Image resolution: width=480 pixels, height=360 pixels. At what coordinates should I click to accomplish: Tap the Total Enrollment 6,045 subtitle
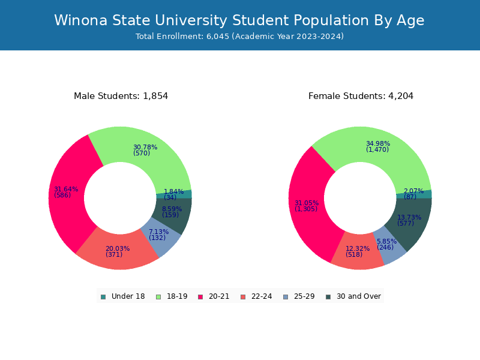click(239, 37)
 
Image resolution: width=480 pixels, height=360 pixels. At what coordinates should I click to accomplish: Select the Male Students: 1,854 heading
click(121, 96)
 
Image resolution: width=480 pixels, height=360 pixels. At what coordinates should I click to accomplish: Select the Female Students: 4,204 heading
click(361, 96)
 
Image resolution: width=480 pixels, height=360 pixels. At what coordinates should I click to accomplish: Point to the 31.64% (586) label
click(66, 192)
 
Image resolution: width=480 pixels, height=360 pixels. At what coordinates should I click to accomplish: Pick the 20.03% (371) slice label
click(118, 251)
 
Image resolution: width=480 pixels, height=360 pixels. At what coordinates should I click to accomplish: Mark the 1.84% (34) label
click(173, 194)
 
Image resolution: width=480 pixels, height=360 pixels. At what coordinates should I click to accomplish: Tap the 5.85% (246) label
click(386, 244)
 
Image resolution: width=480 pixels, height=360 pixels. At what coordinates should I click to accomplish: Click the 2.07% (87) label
click(413, 194)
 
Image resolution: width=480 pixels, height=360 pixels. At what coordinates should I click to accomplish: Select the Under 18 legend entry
click(123, 296)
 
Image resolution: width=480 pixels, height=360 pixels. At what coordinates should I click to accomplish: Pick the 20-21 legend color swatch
click(200, 297)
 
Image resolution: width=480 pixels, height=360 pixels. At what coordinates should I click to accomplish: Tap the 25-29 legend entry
click(299, 296)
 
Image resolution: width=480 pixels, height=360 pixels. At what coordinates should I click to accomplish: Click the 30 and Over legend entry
click(353, 296)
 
